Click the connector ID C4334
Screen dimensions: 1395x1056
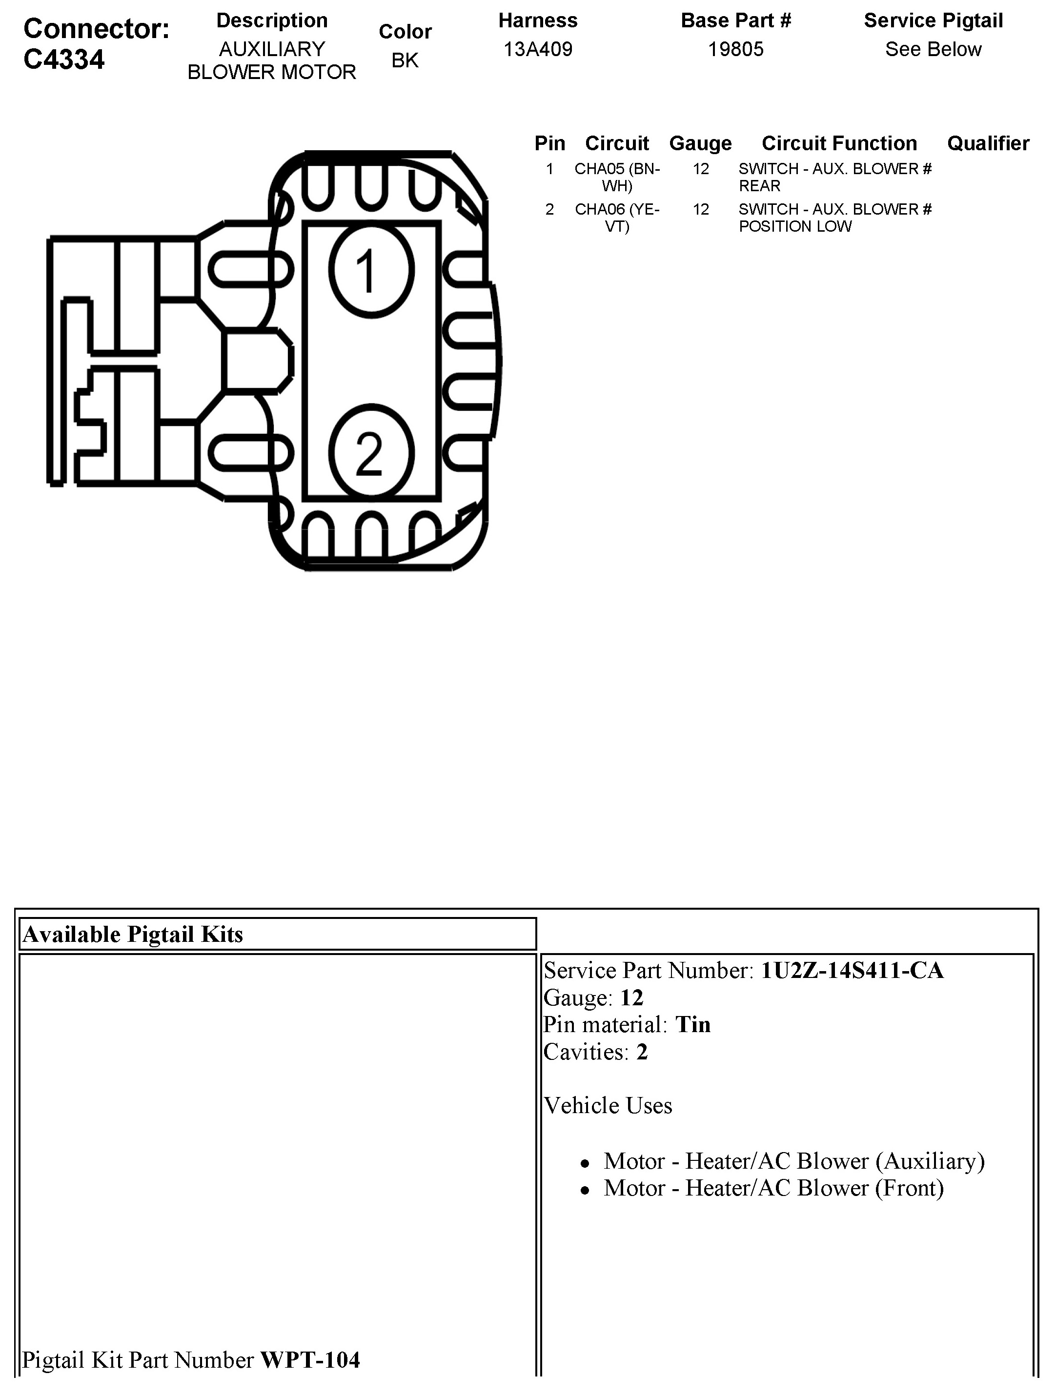point(64,60)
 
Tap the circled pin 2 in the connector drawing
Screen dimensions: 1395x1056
point(371,452)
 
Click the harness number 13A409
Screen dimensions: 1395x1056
point(537,49)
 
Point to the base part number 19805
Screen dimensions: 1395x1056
point(735,49)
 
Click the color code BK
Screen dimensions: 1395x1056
point(405,60)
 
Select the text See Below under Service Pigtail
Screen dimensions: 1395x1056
point(933,49)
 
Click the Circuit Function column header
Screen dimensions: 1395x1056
point(839,143)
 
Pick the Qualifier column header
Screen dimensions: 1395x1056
point(988,143)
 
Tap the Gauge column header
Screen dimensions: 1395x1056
point(700,143)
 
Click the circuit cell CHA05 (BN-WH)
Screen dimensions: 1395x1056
point(617,177)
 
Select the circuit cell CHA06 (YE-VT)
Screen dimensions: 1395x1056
point(617,218)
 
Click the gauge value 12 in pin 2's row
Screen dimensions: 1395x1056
point(701,209)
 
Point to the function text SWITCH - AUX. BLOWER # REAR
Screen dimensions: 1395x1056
point(834,177)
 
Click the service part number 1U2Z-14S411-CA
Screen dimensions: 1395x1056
point(852,971)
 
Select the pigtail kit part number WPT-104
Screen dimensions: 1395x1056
point(310,1360)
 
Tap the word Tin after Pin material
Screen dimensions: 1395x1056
point(692,1025)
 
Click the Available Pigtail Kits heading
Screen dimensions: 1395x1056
point(133,934)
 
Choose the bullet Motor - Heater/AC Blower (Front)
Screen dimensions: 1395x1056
point(773,1188)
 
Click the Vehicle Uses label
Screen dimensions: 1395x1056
point(608,1106)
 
